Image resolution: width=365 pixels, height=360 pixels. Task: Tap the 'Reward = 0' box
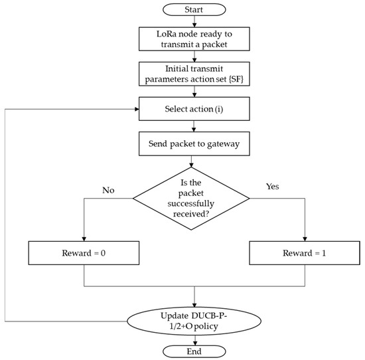(84, 252)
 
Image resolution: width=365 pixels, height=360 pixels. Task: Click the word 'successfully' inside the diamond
(191, 204)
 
